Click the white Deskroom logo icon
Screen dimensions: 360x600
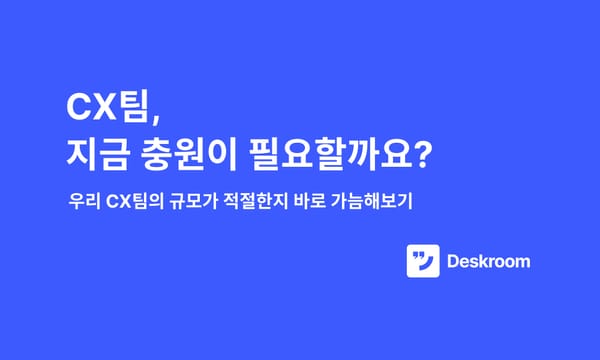423,262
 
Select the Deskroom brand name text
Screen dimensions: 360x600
488,262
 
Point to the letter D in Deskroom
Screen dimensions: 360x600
454,262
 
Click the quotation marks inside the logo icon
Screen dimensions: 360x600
420,255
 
